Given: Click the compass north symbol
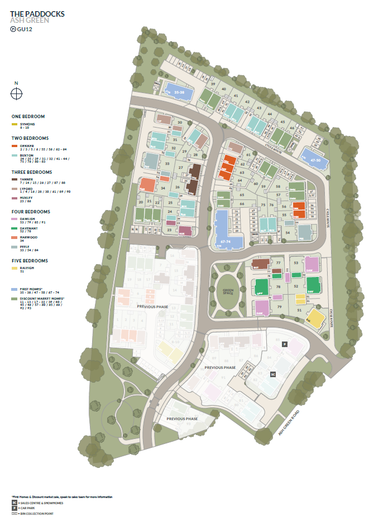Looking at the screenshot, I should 16,94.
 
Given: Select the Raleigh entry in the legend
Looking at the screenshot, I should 26,268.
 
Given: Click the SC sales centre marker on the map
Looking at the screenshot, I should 273,375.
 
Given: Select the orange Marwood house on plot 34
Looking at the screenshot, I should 147,184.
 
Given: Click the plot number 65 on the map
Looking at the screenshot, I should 242,196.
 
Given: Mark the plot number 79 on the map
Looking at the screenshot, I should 278,307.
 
